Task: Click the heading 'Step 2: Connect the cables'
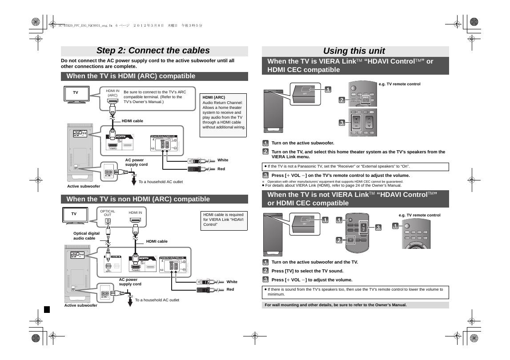(153, 51)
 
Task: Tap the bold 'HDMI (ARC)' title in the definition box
(214, 97)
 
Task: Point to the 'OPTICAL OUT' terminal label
(108, 213)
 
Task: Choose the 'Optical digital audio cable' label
(86, 236)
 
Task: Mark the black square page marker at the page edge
(47, 309)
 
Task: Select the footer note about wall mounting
(336, 305)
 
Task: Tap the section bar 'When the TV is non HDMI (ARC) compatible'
(138, 199)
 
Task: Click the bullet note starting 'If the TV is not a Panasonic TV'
(338, 167)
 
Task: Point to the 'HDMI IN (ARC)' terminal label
(112, 93)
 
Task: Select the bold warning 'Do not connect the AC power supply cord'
(148, 63)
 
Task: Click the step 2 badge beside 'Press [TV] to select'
(265, 271)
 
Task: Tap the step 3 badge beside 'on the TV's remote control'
(265, 175)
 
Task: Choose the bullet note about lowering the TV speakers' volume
(355, 292)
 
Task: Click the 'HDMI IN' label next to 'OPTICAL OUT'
(135, 213)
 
